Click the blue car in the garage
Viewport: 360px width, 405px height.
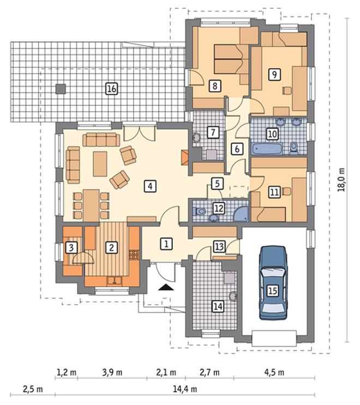tap(273, 283)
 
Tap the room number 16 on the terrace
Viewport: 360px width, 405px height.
tap(112, 89)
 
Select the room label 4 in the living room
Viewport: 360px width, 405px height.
tap(151, 186)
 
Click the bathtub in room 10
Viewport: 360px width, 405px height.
tap(267, 149)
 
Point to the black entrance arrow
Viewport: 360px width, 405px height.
tap(166, 287)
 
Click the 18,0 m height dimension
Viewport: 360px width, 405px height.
tap(341, 179)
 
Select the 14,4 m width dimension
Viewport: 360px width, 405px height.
tap(185, 389)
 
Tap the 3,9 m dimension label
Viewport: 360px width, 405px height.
tap(112, 372)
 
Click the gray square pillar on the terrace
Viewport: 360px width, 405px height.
tap(61, 89)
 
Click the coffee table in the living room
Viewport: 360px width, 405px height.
tap(100, 164)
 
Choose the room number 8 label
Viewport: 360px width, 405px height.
tap(215, 86)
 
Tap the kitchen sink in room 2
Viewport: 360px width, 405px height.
tap(115, 281)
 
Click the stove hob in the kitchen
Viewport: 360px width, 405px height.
tap(134, 255)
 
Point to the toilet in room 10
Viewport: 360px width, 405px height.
tap(294, 148)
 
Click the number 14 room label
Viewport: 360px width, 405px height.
tap(218, 306)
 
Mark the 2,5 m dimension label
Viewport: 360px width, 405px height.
tap(33, 389)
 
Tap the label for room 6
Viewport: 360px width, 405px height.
tap(237, 149)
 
